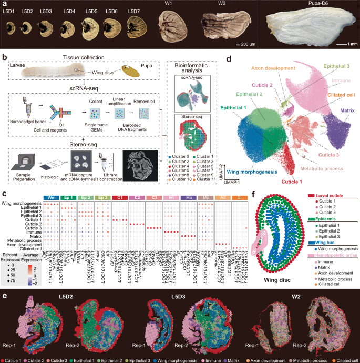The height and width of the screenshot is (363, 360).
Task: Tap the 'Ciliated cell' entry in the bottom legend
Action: (x=345, y=360)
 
